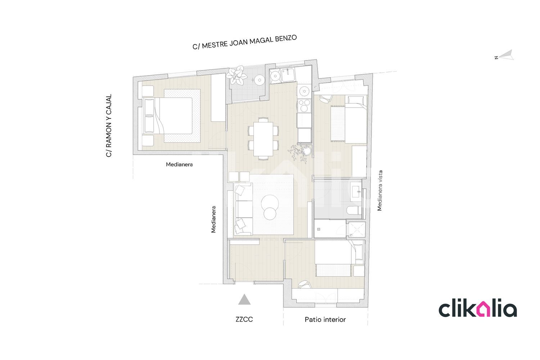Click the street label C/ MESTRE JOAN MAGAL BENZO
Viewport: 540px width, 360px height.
coord(244,42)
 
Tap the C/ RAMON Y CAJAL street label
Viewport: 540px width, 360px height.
coord(109,126)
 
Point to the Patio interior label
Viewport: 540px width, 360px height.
coord(325,319)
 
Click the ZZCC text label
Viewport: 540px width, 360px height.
coord(244,319)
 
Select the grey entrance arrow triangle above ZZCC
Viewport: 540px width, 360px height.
coord(244,300)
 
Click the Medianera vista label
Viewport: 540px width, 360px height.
coord(379,190)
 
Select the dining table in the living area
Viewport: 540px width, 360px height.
coord(263,139)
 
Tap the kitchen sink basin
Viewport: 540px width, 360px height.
coord(288,75)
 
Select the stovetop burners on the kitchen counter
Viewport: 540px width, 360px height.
coord(304,106)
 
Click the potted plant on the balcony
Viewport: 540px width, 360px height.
coord(237,75)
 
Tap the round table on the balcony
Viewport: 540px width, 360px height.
coord(260,80)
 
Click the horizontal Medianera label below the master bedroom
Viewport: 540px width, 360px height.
coord(179,165)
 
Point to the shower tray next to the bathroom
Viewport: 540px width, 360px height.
coord(356,229)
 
